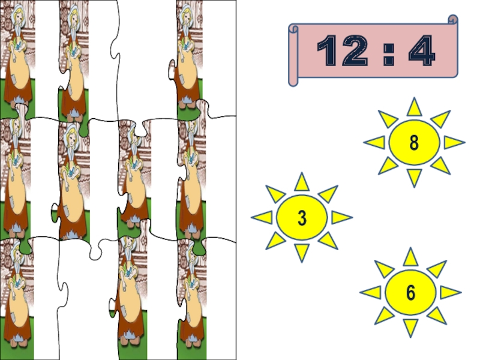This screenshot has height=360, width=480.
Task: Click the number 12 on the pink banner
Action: (342, 50)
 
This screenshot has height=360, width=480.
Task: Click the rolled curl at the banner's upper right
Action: (453, 20)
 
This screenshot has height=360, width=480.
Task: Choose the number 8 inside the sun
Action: (414, 143)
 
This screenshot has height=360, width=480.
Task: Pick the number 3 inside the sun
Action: (302, 218)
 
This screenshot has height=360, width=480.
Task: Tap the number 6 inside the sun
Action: (410, 293)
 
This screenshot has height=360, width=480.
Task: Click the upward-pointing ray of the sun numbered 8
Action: (414, 107)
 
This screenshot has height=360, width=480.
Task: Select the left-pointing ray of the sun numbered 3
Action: (262, 217)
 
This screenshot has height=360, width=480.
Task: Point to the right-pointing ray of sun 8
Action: (454, 142)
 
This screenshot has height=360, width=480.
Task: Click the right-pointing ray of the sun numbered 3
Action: (341, 217)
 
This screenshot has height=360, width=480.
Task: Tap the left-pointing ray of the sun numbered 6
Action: (371, 292)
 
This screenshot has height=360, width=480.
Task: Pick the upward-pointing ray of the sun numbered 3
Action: (302, 182)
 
